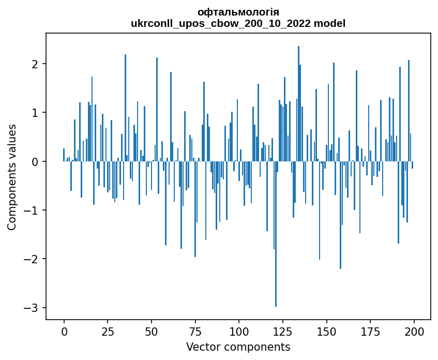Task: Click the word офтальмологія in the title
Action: (x=238, y=12)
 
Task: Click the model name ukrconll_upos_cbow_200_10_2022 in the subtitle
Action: (x=225, y=23)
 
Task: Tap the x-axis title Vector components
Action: (x=238, y=347)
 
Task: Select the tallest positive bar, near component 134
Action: (x=298, y=103)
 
